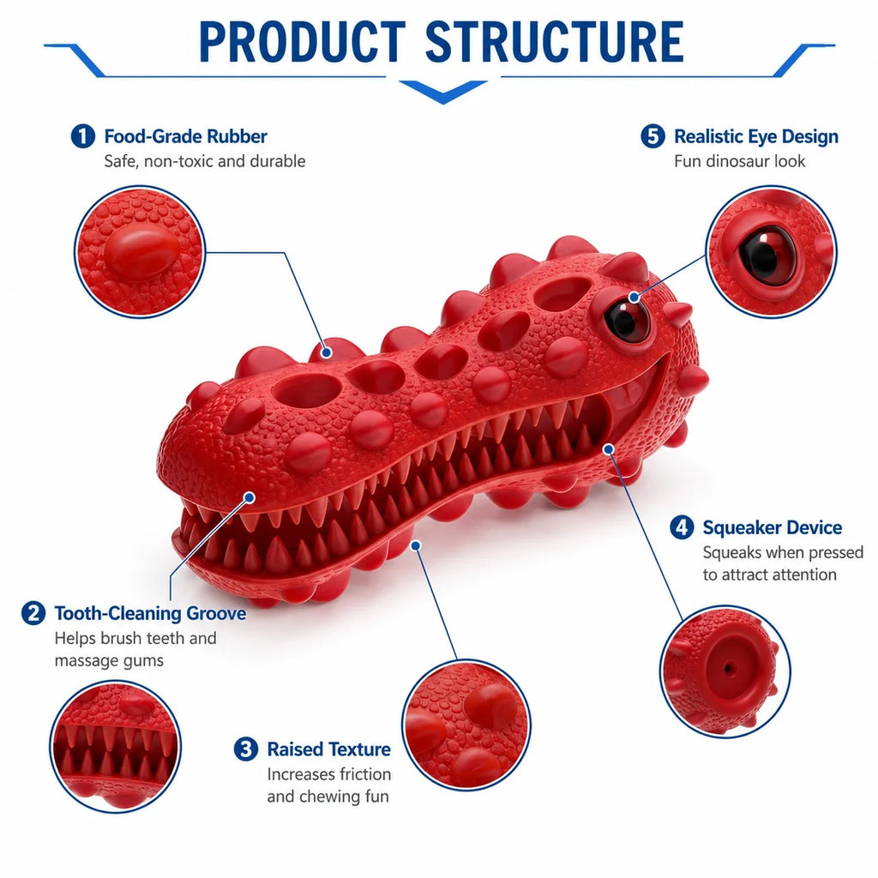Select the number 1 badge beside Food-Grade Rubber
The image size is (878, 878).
pos(83,136)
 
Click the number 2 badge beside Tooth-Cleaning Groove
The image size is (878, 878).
pos(33,613)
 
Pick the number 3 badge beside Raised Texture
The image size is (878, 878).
pos(246,749)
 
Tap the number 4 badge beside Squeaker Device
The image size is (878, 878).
pos(682,527)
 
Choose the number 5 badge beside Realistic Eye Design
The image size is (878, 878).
pos(652,136)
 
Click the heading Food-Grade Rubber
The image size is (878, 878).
pos(186,136)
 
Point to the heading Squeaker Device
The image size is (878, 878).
pos(773,527)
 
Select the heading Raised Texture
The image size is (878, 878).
pos(328,749)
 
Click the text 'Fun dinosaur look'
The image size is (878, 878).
pos(739,161)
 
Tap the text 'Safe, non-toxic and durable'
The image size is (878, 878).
pos(204,161)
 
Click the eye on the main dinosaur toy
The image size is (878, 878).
pos(626,318)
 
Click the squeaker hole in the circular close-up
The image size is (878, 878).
pos(729,668)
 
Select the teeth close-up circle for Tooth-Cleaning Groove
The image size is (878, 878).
pos(116,747)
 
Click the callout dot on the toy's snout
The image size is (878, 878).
pos(250,497)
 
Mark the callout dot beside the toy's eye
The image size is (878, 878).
pos(634,297)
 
